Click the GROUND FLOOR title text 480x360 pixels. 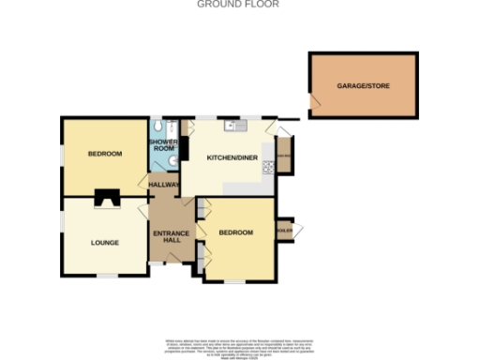point(238,5)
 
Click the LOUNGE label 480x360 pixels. point(105,243)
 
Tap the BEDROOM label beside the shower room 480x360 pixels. point(105,153)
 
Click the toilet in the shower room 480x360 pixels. point(161,126)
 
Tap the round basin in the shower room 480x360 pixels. point(159,160)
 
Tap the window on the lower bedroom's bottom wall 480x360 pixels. point(236,280)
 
